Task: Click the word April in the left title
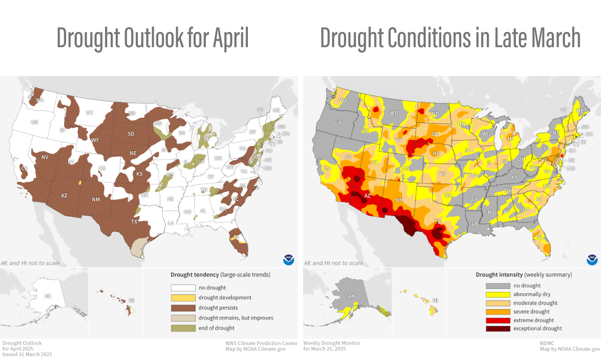[x=224, y=38]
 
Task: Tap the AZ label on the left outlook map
[x=64, y=195]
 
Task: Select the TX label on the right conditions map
[x=437, y=222]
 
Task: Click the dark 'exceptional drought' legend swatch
[x=497, y=328]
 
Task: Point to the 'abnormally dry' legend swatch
[x=497, y=294]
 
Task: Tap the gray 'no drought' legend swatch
[x=497, y=285]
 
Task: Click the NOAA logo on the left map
[x=288, y=259]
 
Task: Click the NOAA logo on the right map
[x=592, y=259]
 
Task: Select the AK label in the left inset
[x=48, y=296]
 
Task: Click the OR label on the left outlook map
[x=34, y=122]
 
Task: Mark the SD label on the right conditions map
[x=435, y=134]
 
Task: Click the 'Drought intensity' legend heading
[x=499, y=274]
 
